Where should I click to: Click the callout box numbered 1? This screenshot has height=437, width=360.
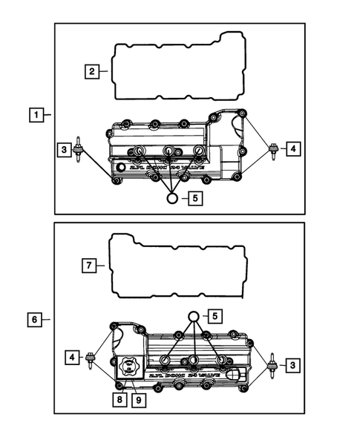click(x=35, y=115)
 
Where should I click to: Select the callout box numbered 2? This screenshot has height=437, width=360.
click(x=91, y=71)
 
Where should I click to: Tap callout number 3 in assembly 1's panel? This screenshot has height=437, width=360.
click(x=65, y=150)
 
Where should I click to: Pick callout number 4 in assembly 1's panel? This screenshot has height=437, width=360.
click(x=294, y=149)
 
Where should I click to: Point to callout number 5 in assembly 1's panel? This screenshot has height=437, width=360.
click(x=194, y=198)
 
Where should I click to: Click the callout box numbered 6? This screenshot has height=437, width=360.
click(x=35, y=320)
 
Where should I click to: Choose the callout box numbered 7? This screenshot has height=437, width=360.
click(x=88, y=265)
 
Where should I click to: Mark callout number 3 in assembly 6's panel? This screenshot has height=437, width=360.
click(x=294, y=365)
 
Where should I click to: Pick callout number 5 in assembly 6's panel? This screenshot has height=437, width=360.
click(x=216, y=317)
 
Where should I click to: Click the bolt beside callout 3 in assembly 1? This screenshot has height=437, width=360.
click(x=78, y=145)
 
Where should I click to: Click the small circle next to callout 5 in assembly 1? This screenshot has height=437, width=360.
click(x=172, y=198)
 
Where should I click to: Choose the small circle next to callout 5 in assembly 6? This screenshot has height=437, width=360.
click(x=194, y=317)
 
